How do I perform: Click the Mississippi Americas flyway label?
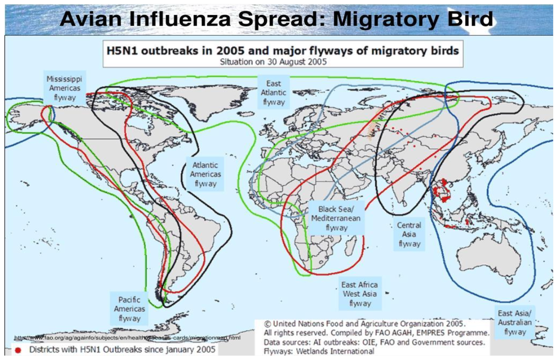point(64,88)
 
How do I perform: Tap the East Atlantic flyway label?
point(273,93)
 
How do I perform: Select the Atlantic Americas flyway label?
point(205,174)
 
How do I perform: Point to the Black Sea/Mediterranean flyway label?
point(336,218)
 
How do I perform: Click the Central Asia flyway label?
point(409,234)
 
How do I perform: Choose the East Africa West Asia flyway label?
point(360,293)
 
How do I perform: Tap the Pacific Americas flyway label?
point(129,309)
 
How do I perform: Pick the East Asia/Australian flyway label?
point(514,322)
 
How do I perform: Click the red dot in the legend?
point(18,350)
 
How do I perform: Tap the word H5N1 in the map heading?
point(122,51)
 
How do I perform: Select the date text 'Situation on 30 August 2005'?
point(273,62)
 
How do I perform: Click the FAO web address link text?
point(127,338)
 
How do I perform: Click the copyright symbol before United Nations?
point(267,324)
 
